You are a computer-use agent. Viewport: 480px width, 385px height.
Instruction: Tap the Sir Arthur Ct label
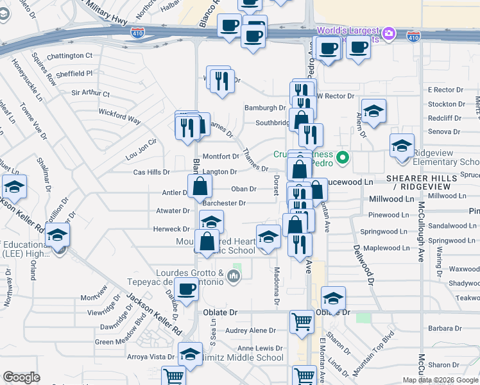pyautogui.click(x=90, y=93)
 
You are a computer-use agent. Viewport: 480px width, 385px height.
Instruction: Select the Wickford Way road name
pyautogui.click(x=119, y=120)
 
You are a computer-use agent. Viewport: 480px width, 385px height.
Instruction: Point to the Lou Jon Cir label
pyautogui.click(x=141, y=150)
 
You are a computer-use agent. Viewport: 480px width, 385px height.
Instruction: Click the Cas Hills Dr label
pyautogui.click(x=151, y=173)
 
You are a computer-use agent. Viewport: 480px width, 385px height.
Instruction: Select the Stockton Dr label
pyautogui.click(x=446, y=104)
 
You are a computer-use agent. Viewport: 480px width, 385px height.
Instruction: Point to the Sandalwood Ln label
pyautogui.click(x=449, y=226)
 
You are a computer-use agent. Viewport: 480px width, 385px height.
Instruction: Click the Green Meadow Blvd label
pyautogui.click(x=123, y=340)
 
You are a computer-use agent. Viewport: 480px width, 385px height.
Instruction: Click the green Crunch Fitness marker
pyautogui.click(x=343, y=156)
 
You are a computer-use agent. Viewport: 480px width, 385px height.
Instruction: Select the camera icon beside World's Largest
pyautogui.click(x=388, y=33)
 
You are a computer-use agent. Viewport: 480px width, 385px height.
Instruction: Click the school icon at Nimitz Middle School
pyautogui.click(x=190, y=354)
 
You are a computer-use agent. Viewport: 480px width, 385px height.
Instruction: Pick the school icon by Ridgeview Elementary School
pyautogui.click(x=402, y=146)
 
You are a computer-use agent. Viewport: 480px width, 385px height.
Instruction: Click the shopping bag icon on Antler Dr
pyautogui.click(x=200, y=186)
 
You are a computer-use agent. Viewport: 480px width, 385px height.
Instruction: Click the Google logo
pyautogui.click(x=21, y=377)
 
